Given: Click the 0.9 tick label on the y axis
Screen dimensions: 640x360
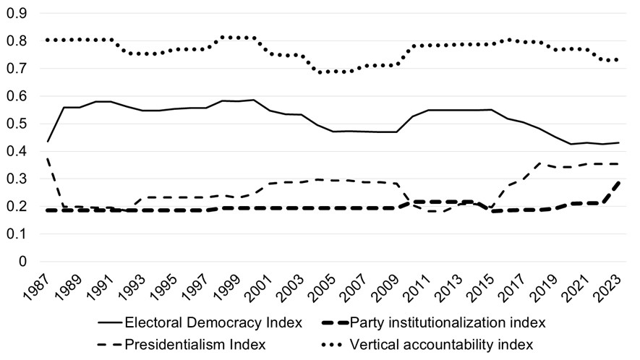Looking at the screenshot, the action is tap(17, 14).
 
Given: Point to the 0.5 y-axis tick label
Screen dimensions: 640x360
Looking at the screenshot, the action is tap(17, 124).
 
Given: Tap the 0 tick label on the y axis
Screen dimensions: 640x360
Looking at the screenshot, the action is tap(22, 262).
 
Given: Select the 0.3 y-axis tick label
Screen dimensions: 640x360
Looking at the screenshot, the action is tap(17, 179).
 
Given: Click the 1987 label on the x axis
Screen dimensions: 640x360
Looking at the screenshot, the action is tap(36, 288).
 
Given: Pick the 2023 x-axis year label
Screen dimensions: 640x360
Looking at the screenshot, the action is tap(608, 288).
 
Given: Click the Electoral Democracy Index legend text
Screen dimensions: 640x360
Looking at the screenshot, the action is tap(213, 323).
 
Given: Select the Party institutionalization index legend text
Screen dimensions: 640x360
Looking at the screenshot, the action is tap(448, 323).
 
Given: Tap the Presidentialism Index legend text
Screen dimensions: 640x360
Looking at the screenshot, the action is tap(195, 345).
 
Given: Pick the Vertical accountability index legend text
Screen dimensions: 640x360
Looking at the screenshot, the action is tap(442, 345).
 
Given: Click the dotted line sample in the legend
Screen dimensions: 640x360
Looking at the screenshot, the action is tap(334, 345).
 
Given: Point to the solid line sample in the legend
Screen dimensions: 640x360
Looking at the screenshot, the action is tap(110, 323).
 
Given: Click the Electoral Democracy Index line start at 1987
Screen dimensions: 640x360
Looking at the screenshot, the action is tap(48, 142).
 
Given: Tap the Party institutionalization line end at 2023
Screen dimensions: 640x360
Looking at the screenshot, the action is tap(619, 182).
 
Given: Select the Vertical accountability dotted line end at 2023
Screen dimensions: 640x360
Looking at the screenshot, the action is tap(617, 60).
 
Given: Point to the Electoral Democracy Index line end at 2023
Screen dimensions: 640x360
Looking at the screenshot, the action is tap(619, 142).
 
